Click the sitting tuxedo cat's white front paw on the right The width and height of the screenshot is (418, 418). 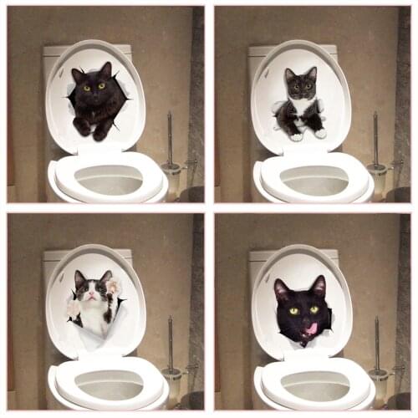tap(319, 133)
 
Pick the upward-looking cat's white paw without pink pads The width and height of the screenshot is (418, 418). tap(74, 309)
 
